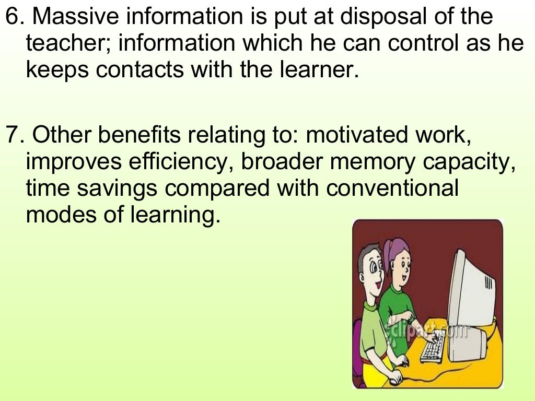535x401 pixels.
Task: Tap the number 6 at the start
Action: click(x=11, y=17)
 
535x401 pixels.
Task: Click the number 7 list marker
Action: click(x=11, y=136)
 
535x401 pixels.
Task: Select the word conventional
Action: click(x=392, y=187)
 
